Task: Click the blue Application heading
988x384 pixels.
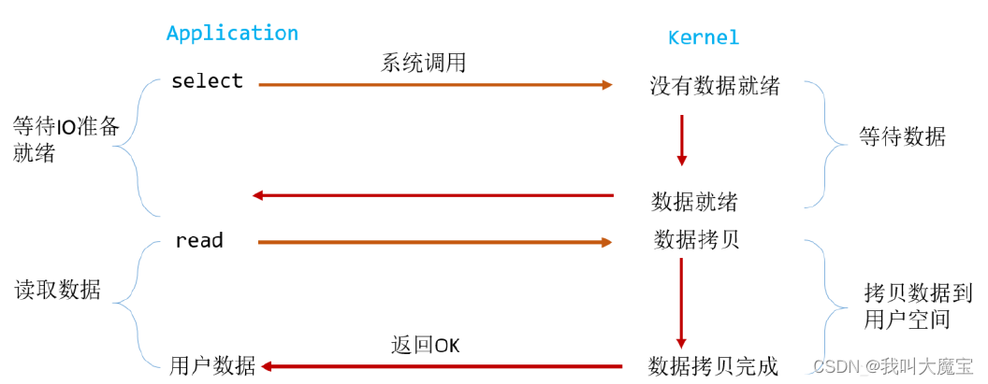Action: pos(232,34)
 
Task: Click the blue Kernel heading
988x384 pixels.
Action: pos(703,38)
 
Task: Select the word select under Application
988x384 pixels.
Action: pos(207,81)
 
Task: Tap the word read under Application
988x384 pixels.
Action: pos(199,241)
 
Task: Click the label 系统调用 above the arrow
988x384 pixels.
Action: pos(423,63)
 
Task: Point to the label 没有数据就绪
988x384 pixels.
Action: pos(715,87)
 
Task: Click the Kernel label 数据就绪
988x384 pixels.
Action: pos(694,201)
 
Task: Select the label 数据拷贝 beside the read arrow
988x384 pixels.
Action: pos(696,239)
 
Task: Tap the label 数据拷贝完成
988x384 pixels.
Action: pos(714,365)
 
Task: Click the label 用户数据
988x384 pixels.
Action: pos(212,365)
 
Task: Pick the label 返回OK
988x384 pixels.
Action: pos(425,345)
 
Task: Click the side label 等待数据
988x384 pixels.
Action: pos(902,137)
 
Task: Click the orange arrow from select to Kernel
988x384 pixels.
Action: pos(435,85)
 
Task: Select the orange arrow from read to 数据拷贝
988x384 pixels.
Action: pos(435,242)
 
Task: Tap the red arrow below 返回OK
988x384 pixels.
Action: pos(440,366)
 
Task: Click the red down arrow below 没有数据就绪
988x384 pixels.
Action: pos(681,141)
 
